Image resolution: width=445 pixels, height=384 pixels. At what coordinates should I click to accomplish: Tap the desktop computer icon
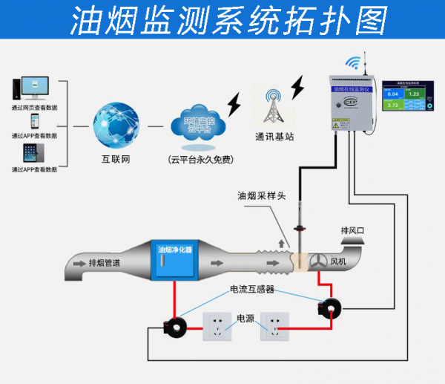pyautogui.click(x=28, y=87)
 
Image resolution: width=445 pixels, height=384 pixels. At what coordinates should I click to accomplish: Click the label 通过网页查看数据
pyautogui.click(x=34, y=107)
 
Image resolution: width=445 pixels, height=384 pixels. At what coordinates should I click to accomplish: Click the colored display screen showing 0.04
pyautogui.click(x=404, y=99)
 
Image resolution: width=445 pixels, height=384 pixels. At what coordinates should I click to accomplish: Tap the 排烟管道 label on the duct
pyautogui.click(x=105, y=262)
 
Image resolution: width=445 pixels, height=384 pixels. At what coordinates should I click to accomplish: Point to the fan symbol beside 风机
pyautogui.click(x=317, y=261)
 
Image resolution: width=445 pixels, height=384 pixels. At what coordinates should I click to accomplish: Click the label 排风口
pyautogui.click(x=353, y=230)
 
